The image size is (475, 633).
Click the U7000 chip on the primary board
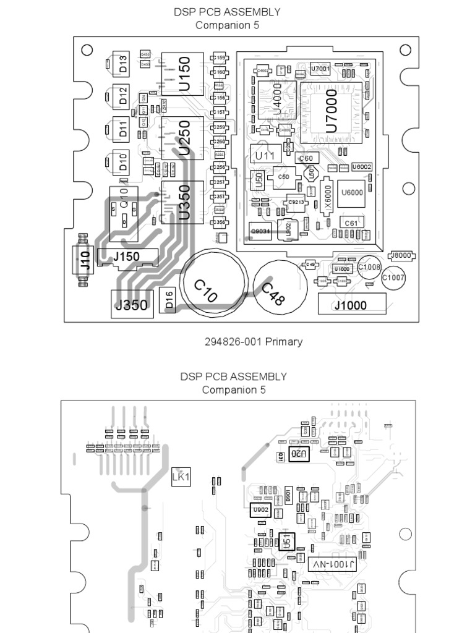(x=331, y=109)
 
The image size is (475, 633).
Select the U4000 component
(x=275, y=98)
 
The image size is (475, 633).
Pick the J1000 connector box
(x=351, y=305)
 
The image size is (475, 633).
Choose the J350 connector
(x=132, y=304)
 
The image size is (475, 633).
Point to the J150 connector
(x=126, y=257)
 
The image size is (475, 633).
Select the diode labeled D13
(x=122, y=64)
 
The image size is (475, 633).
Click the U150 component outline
(x=182, y=74)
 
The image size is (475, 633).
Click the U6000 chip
(x=352, y=192)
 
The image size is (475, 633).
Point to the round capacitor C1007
(x=393, y=278)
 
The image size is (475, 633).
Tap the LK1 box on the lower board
(x=181, y=477)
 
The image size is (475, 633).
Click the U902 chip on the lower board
(x=260, y=510)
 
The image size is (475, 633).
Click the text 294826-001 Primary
(x=254, y=341)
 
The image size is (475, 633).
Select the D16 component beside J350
(x=168, y=302)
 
